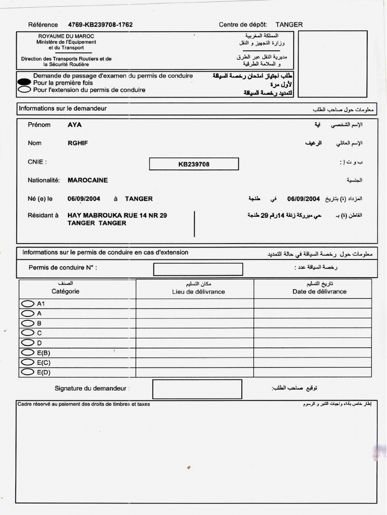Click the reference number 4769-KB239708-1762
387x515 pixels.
[100, 25]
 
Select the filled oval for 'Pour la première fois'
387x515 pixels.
[24, 82]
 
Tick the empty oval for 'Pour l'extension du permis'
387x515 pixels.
[24, 90]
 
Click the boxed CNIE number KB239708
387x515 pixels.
[193, 164]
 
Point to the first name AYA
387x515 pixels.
[75, 125]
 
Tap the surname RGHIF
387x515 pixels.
[78, 143]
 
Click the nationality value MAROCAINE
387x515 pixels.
[88, 180]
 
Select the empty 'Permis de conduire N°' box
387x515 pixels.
[198, 269]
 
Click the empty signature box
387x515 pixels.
[197, 389]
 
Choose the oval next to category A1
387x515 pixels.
[27, 304]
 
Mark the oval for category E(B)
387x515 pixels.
[27, 353]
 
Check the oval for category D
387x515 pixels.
[27, 343]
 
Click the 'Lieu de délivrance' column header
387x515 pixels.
[198, 292]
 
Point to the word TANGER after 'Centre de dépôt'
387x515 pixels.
[289, 25]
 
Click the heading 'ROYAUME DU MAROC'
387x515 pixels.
[66, 36]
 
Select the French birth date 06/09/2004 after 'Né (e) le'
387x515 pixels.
[84, 199]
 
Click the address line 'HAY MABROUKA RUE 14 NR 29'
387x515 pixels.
[117, 215]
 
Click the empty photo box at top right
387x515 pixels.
[333, 63]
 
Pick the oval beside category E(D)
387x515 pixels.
[27, 372]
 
